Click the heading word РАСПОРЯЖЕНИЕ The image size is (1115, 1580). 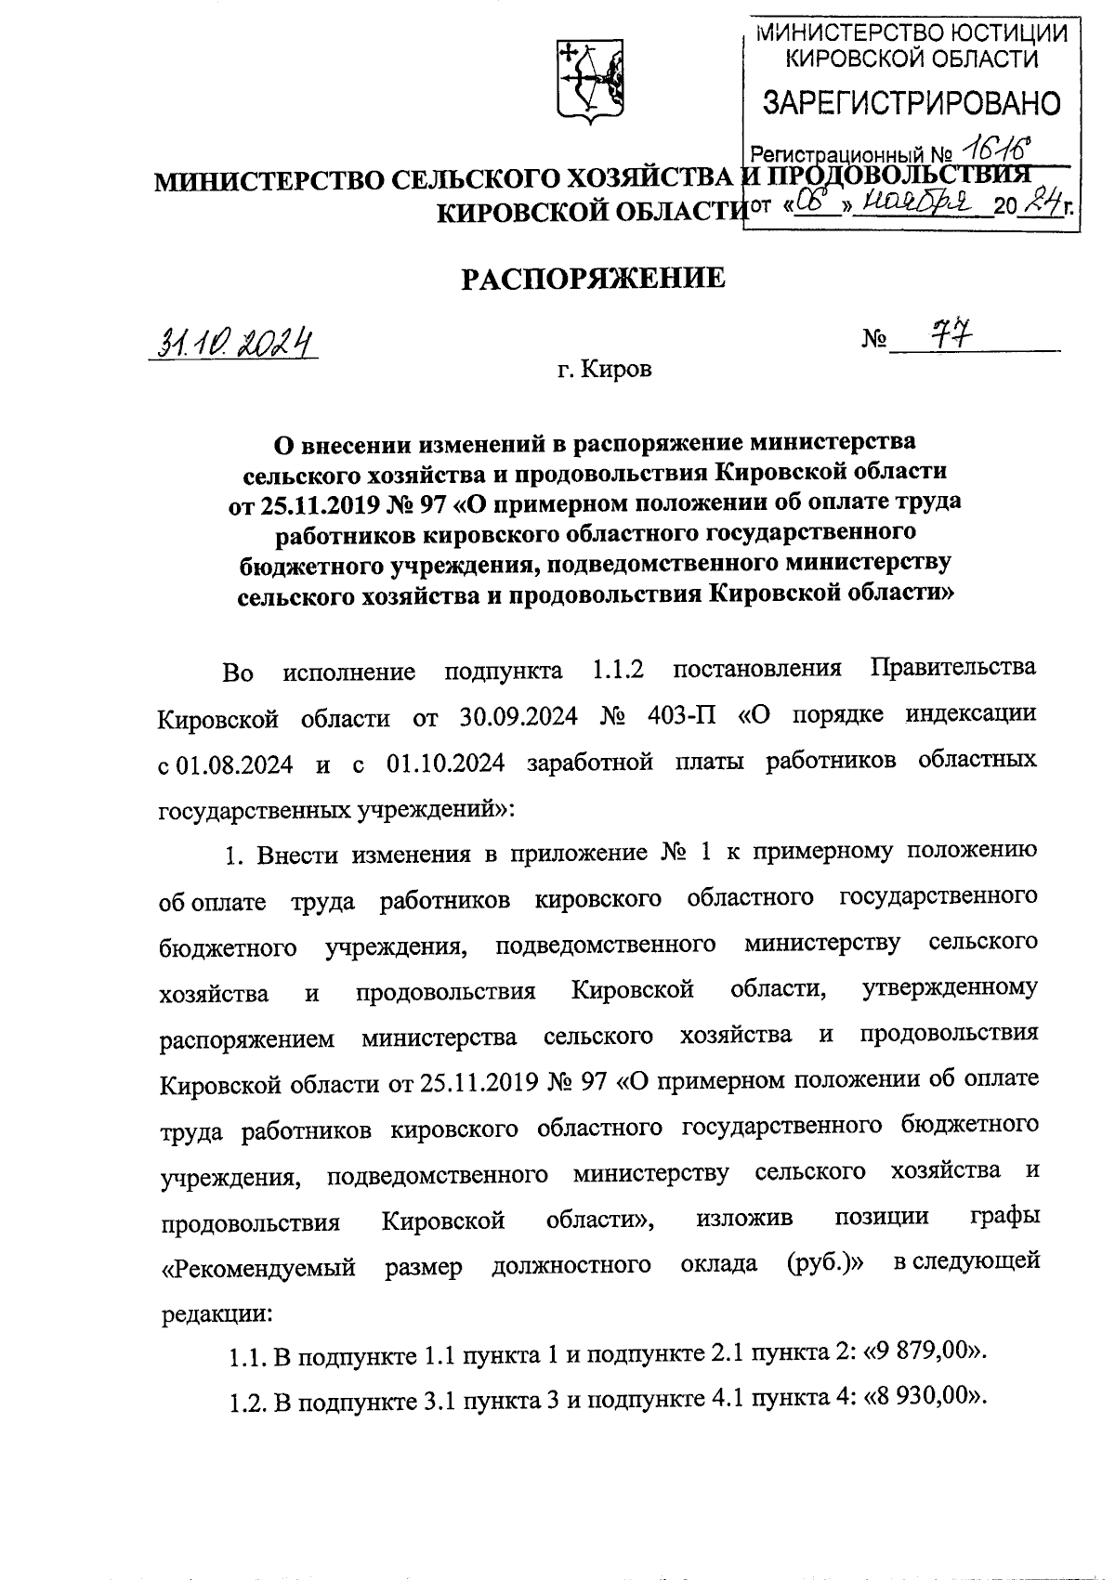[x=595, y=278]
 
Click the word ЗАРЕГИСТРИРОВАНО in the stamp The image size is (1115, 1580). [x=911, y=103]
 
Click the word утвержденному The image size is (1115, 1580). [x=950, y=987]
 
